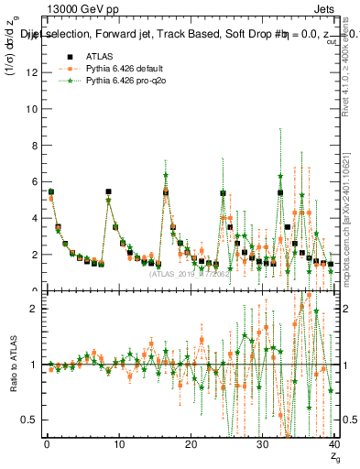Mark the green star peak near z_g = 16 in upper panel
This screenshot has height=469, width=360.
[x=166, y=174]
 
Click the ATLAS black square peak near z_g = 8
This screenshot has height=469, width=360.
[x=108, y=191]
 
